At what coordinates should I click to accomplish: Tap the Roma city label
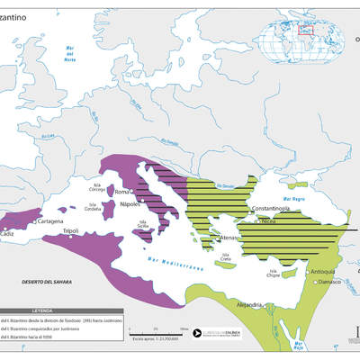click(x=123, y=193)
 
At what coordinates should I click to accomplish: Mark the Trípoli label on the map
click(x=72, y=231)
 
